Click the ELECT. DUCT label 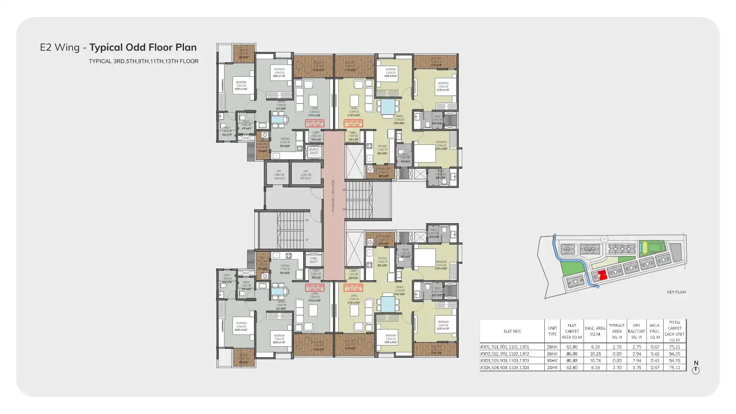(x=314, y=151)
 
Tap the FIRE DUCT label (x=314, y=260)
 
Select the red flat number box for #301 (x=315, y=124)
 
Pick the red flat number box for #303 (x=353, y=288)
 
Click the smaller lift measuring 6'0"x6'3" (x=279, y=175)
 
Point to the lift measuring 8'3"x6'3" (x=305, y=175)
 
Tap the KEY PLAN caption (x=676, y=292)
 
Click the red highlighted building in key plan (x=602, y=275)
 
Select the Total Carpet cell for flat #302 (x=674, y=354)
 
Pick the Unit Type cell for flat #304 (x=552, y=368)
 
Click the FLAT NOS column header (x=512, y=331)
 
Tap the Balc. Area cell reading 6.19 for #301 (x=595, y=347)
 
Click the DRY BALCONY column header (x=636, y=331)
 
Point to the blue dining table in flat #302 (x=388, y=107)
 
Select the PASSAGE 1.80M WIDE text (x=333, y=196)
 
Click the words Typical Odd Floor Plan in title (x=143, y=47)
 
